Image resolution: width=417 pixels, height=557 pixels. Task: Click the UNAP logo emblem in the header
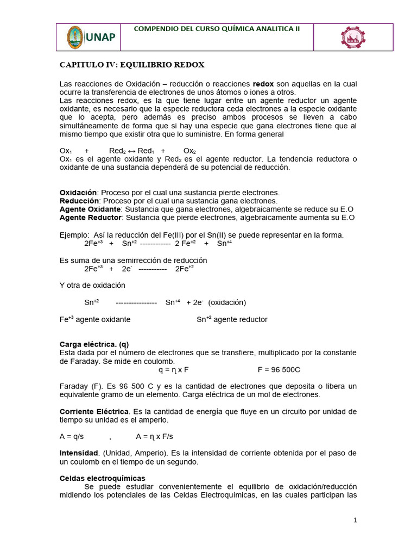click(75, 37)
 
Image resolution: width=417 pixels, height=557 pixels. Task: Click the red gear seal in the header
click(353, 38)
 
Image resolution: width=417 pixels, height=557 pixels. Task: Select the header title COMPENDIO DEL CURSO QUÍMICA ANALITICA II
click(216, 28)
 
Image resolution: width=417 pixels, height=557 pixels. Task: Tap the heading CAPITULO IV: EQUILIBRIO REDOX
click(132, 65)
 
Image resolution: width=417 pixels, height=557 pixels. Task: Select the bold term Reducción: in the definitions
click(79, 201)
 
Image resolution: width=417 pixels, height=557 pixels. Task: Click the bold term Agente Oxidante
click(90, 209)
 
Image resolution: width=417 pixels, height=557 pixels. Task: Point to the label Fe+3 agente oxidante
click(94, 320)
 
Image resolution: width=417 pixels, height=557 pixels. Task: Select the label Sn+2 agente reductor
click(232, 320)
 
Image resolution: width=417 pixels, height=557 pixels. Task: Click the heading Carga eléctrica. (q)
click(94, 344)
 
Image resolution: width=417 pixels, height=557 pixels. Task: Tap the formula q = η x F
click(174, 369)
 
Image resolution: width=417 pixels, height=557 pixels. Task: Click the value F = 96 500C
click(279, 369)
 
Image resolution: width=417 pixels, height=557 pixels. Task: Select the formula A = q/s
click(71, 436)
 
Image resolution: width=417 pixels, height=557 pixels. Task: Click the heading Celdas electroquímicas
click(102, 478)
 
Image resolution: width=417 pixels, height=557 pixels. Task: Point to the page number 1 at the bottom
click(355, 520)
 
